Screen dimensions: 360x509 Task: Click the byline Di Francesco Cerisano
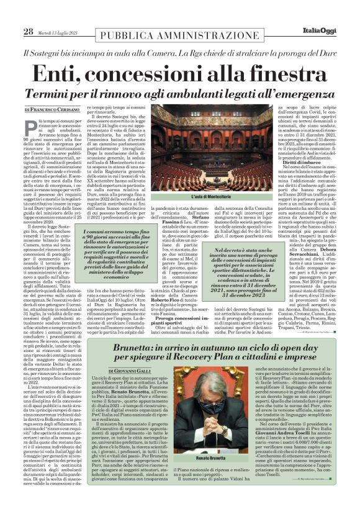pyautogui.click(x=60, y=109)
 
